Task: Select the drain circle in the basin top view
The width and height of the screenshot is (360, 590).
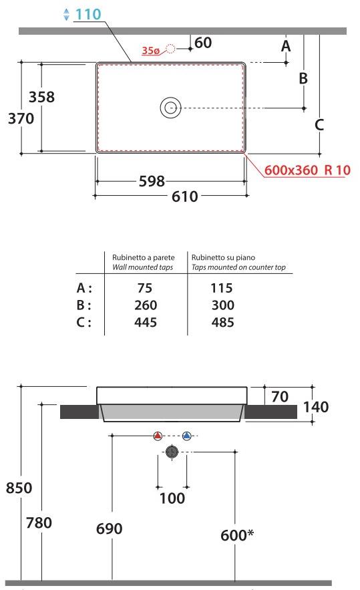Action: (170, 108)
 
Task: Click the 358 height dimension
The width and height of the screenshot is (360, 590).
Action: (41, 97)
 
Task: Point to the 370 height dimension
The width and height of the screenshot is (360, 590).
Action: (20, 119)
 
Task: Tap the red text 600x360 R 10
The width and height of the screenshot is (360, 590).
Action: (307, 170)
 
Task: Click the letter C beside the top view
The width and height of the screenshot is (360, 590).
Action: (319, 124)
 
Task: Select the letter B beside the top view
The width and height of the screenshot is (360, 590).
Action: (303, 78)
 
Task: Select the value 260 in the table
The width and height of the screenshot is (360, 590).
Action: (144, 305)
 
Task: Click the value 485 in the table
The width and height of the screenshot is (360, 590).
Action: (221, 322)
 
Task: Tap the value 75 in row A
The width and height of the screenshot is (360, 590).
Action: (144, 289)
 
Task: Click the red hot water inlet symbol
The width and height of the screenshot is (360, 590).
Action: (158, 436)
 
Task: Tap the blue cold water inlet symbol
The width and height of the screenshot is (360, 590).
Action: (186, 436)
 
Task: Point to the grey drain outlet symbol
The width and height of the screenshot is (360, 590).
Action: (172, 452)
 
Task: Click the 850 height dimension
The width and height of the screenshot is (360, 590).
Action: (19, 488)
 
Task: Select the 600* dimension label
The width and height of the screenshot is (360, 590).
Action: (238, 535)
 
